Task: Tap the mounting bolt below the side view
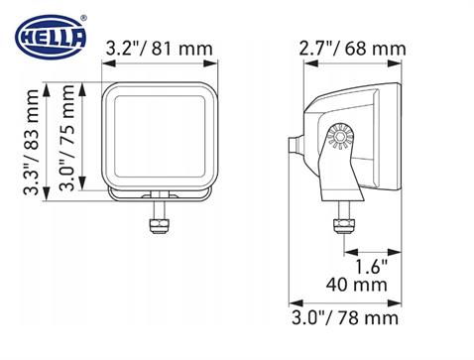point(343,223)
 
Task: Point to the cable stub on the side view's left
point(295,145)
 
